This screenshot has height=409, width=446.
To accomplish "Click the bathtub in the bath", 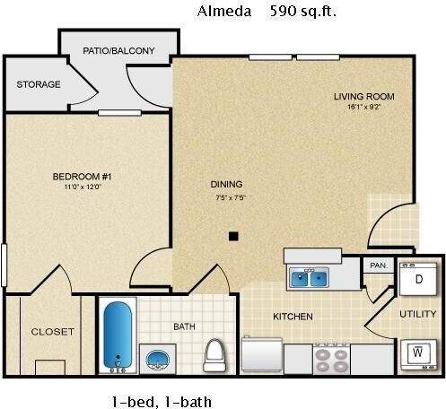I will [118, 336].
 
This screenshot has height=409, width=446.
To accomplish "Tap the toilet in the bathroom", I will [214, 354].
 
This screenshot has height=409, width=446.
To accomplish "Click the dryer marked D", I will [417, 280].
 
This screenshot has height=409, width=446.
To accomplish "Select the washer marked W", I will [417, 354].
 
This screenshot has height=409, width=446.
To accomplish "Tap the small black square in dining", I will [232, 236].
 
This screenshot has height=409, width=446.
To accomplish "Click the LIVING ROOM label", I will [363, 97].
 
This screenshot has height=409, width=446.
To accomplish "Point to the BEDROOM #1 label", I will [80, 176].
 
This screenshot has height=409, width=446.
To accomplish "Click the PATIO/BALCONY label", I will [117, 50].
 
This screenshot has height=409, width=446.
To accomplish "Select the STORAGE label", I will [39, 85].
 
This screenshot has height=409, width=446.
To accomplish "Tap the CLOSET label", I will [53, 331].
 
